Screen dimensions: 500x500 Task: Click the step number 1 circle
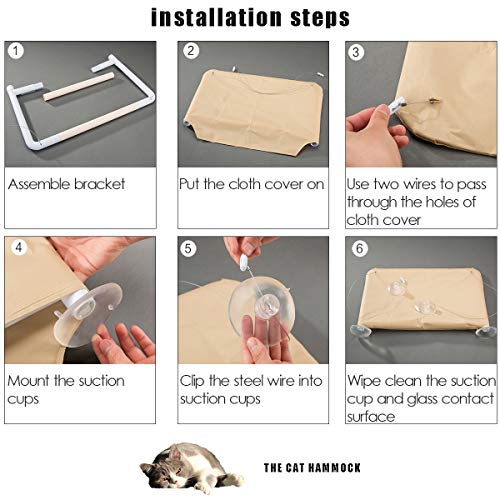16,51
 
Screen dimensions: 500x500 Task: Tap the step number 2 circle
191,51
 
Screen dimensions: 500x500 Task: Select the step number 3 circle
356,52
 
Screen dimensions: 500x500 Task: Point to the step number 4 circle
19,248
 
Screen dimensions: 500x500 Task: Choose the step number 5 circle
188,249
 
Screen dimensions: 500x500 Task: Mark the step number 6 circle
359,249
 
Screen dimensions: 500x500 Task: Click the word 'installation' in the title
216,17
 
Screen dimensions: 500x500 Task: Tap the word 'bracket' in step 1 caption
100,184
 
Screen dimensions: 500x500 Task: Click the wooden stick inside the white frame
77,88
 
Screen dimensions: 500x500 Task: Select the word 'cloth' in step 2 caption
244,184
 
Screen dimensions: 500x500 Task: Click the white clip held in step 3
396,105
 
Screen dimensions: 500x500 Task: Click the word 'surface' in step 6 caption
371,417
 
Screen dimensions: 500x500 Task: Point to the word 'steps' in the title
320,18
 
